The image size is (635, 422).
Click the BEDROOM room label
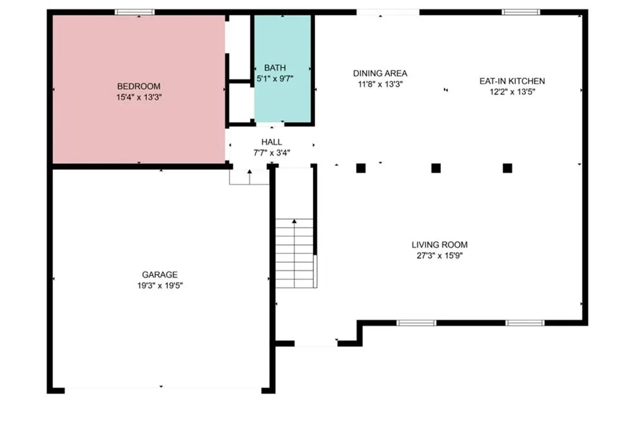(x=138, y=86)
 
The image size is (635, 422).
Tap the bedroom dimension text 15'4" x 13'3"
(x=139, y=97)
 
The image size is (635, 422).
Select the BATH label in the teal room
(x=275, y=68)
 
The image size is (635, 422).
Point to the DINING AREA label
(x=380, y=73)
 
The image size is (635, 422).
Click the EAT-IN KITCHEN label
(x=512, y=81)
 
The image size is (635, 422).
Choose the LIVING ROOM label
(x=440, y=245)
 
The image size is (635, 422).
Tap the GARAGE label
(x=159, y=275)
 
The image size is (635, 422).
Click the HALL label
(x=272, y=142)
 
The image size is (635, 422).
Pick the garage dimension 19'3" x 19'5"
(x=160, y=286)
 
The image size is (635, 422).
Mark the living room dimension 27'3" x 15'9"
(x=440, y=256)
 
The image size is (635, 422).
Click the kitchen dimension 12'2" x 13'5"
(x=512, y=92)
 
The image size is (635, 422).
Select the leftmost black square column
(x=361, y=168)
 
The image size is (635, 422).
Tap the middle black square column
(x=436, y=168)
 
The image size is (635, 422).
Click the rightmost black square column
(x=507, y=168)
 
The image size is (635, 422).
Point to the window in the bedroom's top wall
(x=135, y=12)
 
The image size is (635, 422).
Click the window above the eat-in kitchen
(x=521, y=12)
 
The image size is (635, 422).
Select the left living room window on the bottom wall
(x=416, y=323)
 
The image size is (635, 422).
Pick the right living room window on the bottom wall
(x=525, y=323)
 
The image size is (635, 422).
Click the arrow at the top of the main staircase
(x=295, y=221)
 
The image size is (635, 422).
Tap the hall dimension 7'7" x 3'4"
(x=272, y=153)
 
